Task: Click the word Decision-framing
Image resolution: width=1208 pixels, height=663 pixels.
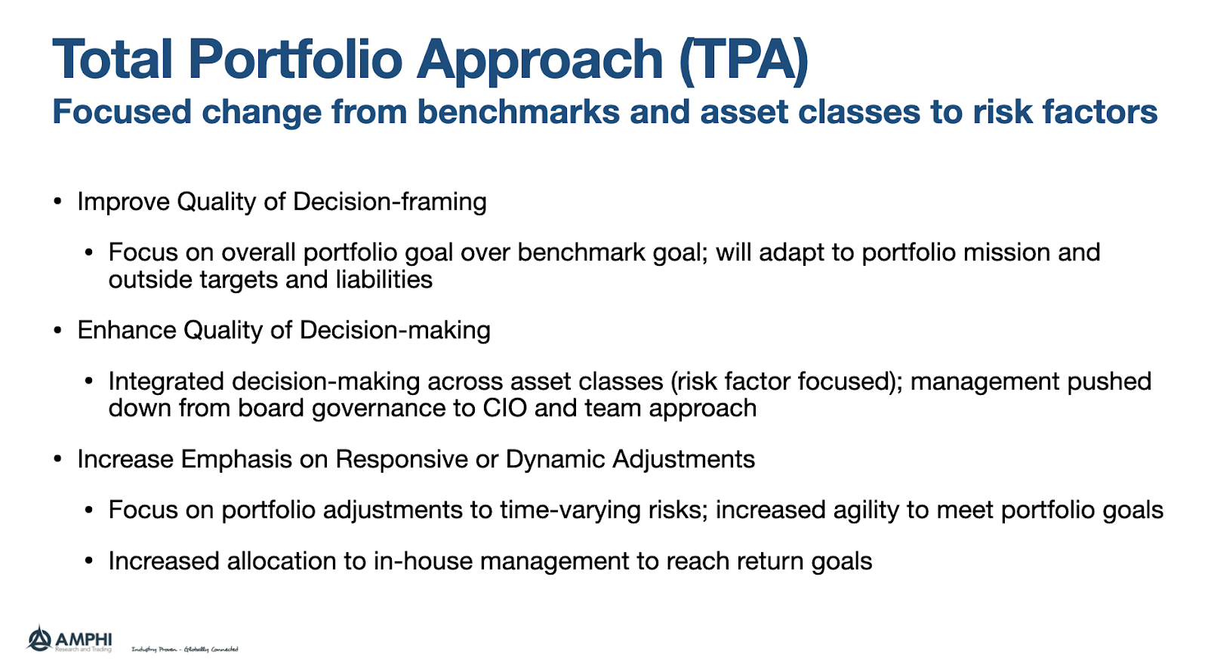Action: pyautogui.click(x=390, y=202)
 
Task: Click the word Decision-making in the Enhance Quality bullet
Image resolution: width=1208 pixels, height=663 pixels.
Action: pyautogui.click(x=395, y=330)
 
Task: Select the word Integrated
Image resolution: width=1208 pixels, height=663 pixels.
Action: pyautogui.click(x=166, y=381)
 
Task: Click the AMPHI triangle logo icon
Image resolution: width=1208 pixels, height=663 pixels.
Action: pyautogui.click(x=39, y=639)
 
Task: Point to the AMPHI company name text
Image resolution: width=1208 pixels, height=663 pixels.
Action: pyautogui.click(x=84, y=638)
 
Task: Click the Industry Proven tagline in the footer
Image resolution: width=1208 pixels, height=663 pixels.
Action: pyautogui.click(x=185, y=649)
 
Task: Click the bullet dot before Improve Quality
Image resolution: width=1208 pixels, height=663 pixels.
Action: pyautogui.click(x=57, y=202)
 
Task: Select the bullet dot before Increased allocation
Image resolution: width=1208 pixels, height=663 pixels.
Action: pyautogui.click(x=89, y=562)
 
